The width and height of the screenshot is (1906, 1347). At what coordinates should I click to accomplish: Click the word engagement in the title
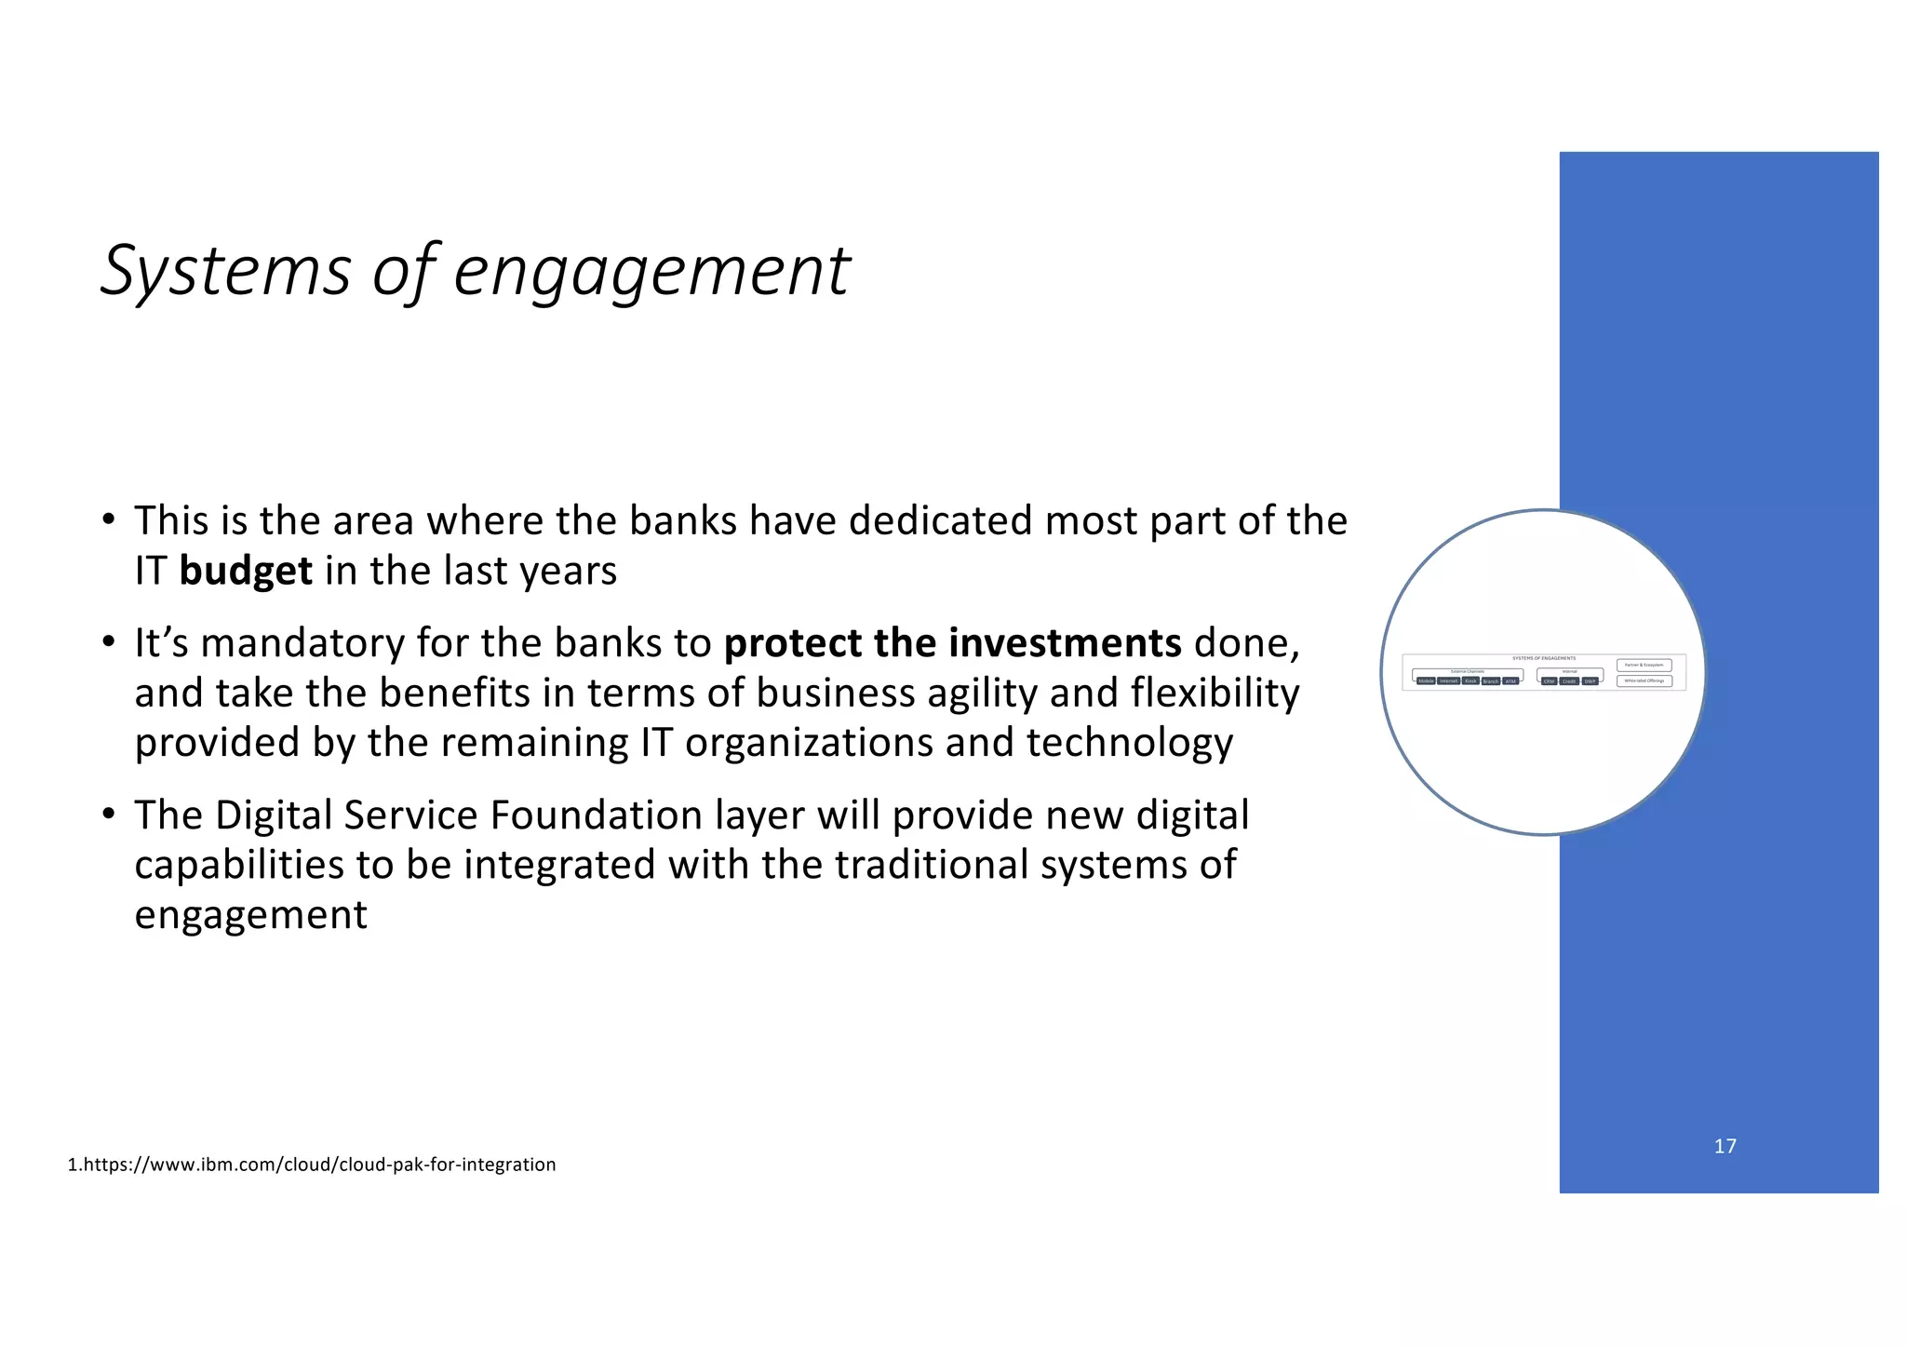(651, 271)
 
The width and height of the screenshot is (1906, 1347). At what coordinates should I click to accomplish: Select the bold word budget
(246, 571)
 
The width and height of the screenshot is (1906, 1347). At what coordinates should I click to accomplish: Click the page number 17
(1725, 1146)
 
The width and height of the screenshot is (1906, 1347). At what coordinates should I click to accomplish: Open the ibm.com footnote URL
(313, 1165)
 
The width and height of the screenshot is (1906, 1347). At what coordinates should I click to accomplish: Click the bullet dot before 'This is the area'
(109, 519)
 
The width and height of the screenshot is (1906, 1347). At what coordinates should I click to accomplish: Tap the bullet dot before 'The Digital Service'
(109, 814)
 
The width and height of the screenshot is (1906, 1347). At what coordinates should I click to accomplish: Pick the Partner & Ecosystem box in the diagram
(1644, 665)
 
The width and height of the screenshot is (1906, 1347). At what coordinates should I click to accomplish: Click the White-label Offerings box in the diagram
(1644, 680)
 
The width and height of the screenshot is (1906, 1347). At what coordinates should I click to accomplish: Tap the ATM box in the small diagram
(1510, 681)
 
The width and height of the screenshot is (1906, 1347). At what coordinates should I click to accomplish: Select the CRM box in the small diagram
(1550, 681)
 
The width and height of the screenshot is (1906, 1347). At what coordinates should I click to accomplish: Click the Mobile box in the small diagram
(1426, 681)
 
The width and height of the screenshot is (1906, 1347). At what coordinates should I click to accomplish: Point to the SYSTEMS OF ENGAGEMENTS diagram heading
(1544, 658)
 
